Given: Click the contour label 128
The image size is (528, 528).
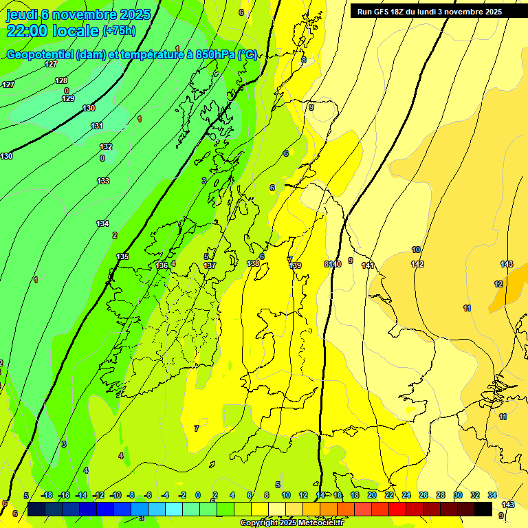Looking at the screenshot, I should (x=61, y=80).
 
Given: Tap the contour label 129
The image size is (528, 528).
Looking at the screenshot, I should (x=68, y=98).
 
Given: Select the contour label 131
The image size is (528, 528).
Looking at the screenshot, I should (x=97, y=126).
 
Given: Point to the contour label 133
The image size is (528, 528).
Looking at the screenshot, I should (x=103, y=181).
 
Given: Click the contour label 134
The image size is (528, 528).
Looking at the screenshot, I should (x=102, y=223).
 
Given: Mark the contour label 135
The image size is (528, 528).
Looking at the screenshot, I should (x=122, y=256).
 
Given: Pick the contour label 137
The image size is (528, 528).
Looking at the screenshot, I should (x=210, y=265).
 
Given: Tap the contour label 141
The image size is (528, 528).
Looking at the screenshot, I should (x=367, y=265).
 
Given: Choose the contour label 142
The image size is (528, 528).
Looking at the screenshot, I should (x=417, y=264).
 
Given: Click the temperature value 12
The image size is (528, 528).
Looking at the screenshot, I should (x=498, y=284).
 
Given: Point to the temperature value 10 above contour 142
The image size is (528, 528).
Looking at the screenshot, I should (x=416, y=250).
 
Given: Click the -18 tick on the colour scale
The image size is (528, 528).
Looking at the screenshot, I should (x=47, y=495).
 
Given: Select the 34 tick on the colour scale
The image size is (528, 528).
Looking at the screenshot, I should (x=492, y=495).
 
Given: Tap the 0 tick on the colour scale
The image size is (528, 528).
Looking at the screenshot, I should (x=198, y=495).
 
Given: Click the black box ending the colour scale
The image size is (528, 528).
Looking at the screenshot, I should (x=483, y=509).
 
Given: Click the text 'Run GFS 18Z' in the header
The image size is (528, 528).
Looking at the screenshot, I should (x=382, y=12).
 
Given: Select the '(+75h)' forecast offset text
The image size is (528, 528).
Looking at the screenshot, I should (x=119, y=31).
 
